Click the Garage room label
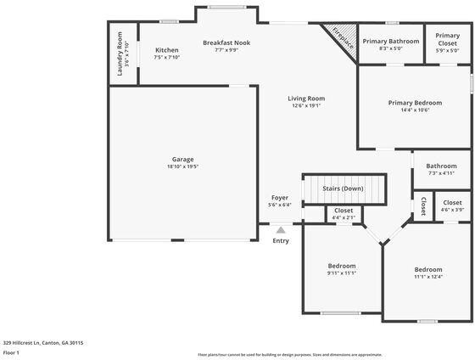182,160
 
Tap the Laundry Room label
120,53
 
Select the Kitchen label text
167,50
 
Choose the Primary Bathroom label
391,41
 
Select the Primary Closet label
448,39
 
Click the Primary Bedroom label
415,103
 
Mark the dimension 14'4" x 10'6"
415,110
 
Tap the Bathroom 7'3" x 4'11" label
441,166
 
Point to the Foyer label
279,198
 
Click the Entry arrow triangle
281,228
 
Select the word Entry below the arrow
281,240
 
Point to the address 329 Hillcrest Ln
42,343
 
